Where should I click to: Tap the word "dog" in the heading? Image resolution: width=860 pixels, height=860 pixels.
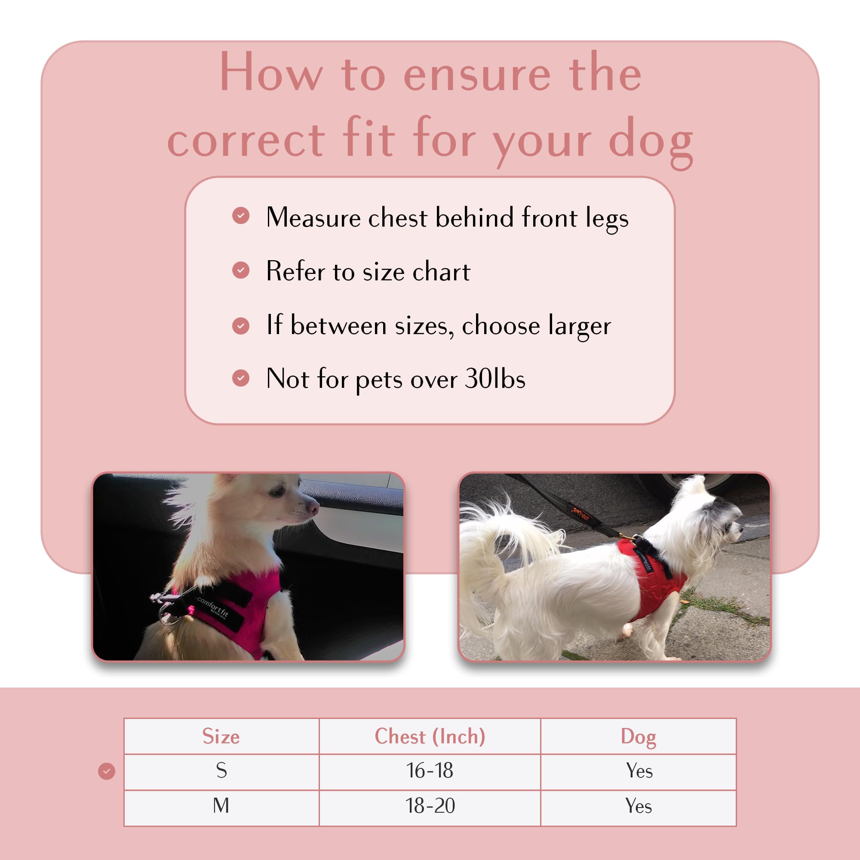point(650,141)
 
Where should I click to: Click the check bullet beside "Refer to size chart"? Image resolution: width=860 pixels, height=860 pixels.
point(241,270)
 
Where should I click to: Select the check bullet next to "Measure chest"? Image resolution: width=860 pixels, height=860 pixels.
point(241,216)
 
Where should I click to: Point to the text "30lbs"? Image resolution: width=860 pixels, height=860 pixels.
point(495,379)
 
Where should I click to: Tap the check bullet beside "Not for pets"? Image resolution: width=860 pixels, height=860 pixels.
point(241,378)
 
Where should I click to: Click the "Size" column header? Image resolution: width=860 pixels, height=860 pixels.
point(221,736)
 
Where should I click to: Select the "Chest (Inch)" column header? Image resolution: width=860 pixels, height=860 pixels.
point(430,736)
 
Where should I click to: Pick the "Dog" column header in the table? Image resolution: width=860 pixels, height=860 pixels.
point(638,736)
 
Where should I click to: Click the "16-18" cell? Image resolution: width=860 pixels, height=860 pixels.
point(430,771)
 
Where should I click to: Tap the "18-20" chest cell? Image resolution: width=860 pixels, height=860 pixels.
point(430,806)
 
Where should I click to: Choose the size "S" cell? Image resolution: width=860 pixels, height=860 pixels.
point(221,771)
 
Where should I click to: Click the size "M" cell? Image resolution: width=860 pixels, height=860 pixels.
point(221,806)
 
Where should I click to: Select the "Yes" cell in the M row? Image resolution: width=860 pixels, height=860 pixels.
point(638,806)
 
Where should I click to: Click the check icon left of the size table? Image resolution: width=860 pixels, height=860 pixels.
point(106,771)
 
